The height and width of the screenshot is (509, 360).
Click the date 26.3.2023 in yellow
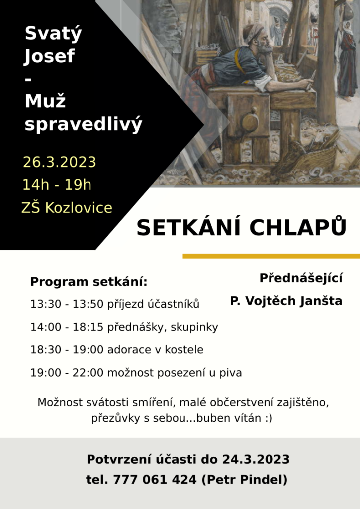(x=59, y=162)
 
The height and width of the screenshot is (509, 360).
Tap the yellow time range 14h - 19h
(x=57, y=185)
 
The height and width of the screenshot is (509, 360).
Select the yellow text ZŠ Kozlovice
(x=67, y=208)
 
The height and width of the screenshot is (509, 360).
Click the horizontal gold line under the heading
(x=271, y=256)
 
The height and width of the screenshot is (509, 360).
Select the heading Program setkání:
(x=89, y=282)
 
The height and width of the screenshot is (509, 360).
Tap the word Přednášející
(x=301, y=278)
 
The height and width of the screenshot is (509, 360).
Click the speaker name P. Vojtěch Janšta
(x=286, y=301)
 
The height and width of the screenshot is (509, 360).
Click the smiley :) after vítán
(x=269, y=418)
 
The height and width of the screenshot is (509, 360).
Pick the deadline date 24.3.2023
(x=256, y=460)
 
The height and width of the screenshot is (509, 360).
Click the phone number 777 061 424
(x=155, y=480)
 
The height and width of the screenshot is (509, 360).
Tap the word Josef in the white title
(x=50, y=56)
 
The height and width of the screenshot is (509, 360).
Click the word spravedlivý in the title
(x=84, y=124)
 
